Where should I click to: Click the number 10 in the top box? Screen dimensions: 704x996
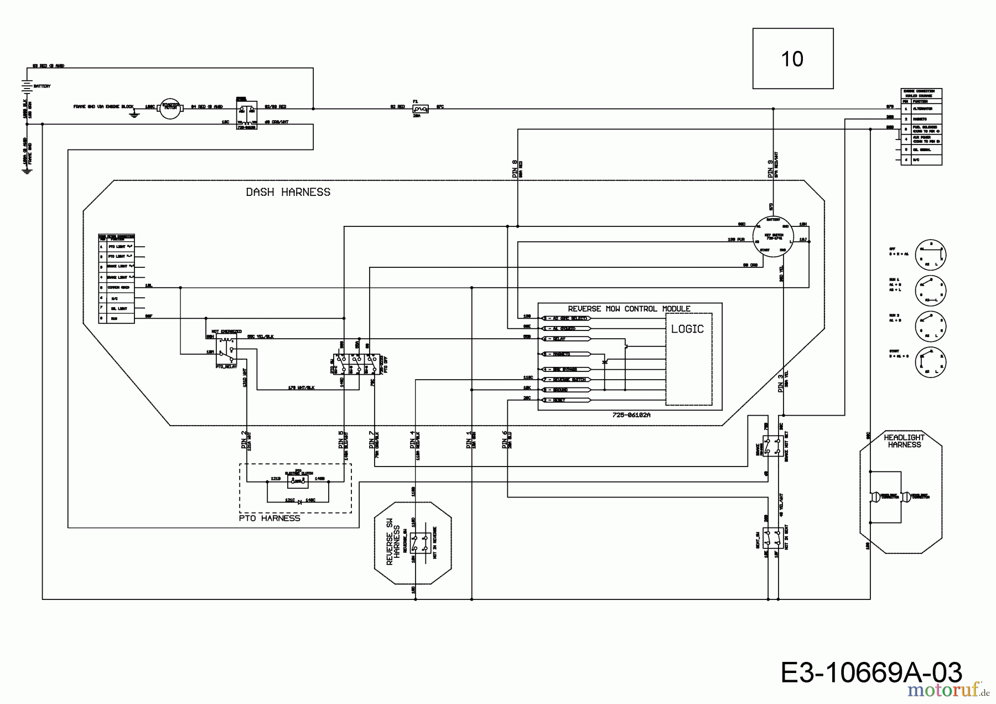click(792, 59)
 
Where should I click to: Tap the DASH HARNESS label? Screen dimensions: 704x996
click(288, 192)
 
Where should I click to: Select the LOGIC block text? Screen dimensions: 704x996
click(687, 329)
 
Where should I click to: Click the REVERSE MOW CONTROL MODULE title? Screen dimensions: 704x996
click(629, 309)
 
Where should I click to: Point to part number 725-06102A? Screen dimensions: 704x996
click(631, 415)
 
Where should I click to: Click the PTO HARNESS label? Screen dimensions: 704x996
click(269, 519)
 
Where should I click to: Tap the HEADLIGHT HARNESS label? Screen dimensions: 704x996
click(904, 441)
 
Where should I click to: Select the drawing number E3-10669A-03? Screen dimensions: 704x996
click(871, 673)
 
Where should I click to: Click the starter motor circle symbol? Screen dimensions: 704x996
click(170, 108)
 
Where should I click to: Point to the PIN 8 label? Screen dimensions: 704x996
click(515, 168)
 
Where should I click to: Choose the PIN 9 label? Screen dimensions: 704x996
click(770, 168)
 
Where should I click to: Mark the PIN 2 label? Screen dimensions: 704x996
click(244, 439)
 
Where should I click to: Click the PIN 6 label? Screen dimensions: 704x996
click(505, 439)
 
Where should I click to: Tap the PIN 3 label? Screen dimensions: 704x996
click(781, 384)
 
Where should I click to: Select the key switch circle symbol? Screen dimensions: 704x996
click(773, 236)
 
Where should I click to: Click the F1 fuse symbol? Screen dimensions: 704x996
click(420, 109)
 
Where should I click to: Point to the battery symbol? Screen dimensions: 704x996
click(26, 86)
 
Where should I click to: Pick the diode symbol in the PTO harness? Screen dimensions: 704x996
click(299, 501)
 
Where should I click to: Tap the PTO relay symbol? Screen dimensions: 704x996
click(226, 350)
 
